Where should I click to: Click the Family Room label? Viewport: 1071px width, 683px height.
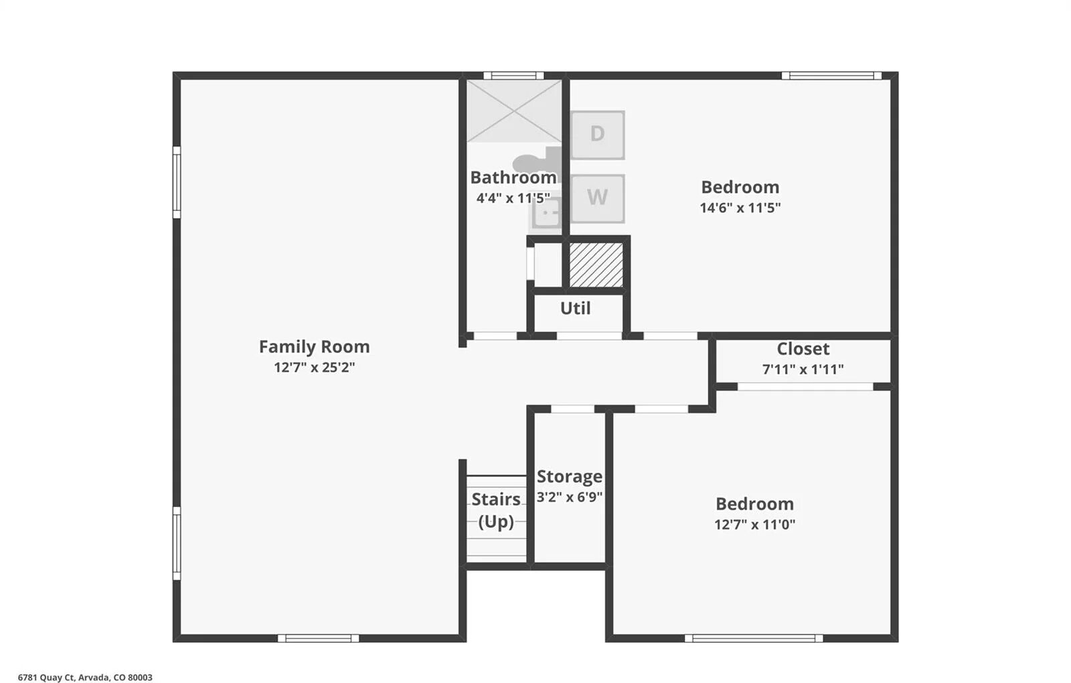(x=314, y=347)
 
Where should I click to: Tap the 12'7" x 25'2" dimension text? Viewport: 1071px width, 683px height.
(x=314, y=368)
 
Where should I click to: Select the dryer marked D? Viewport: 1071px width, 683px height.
(x=597, y=135)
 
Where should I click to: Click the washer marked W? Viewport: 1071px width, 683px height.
(x=597, y=198)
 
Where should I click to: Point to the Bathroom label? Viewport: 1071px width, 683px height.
(x=513, y=177)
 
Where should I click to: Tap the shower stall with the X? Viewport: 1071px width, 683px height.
(x=514, y=111)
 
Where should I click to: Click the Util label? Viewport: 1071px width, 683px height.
(x=575, y=308)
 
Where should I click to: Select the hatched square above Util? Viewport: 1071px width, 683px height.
(x=596, y=264)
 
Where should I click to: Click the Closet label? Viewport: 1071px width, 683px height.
(x=803, y=349)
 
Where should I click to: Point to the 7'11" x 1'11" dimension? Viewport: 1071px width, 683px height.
(x=803, y=369)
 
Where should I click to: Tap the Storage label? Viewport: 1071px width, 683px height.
(x=570, y=476)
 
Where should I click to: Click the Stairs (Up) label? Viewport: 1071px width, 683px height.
(x=496, y=510)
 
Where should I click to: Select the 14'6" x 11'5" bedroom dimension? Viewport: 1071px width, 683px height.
(x=740, y=208)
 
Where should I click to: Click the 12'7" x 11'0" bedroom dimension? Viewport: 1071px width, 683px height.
(x=754, y=525)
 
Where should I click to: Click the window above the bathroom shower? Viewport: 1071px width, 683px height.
(x=513, y=76)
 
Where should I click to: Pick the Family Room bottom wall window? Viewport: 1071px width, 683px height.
(x=319, y=638)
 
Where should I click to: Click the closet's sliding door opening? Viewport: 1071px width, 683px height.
(x=806, y=386)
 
